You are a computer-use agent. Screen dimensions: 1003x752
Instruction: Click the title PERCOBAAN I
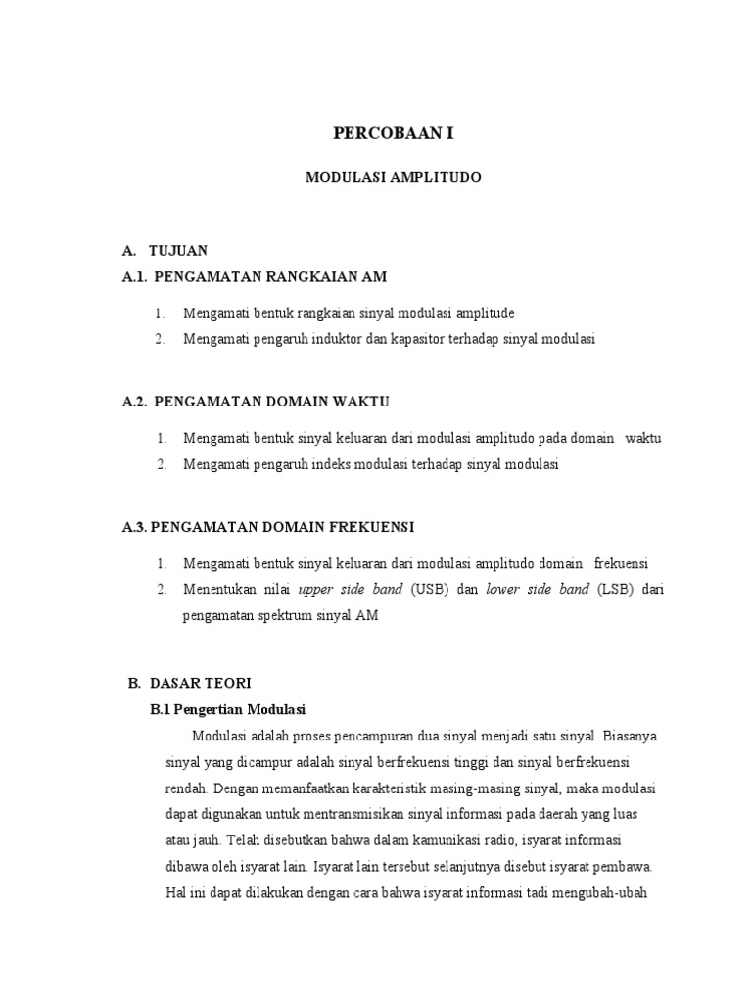click(x=394, y=133)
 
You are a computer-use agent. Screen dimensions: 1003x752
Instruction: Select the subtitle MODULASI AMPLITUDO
click(x=394, y=178)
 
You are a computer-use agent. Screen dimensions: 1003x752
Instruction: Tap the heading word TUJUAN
click(x=178, y=252)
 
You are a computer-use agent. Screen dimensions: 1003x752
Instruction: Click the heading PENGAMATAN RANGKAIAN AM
click(x=271, y=277)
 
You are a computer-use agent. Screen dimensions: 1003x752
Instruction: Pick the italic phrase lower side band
click(x=538, y=590)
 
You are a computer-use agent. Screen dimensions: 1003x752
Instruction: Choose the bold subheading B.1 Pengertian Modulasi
click(x=228, y=708)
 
